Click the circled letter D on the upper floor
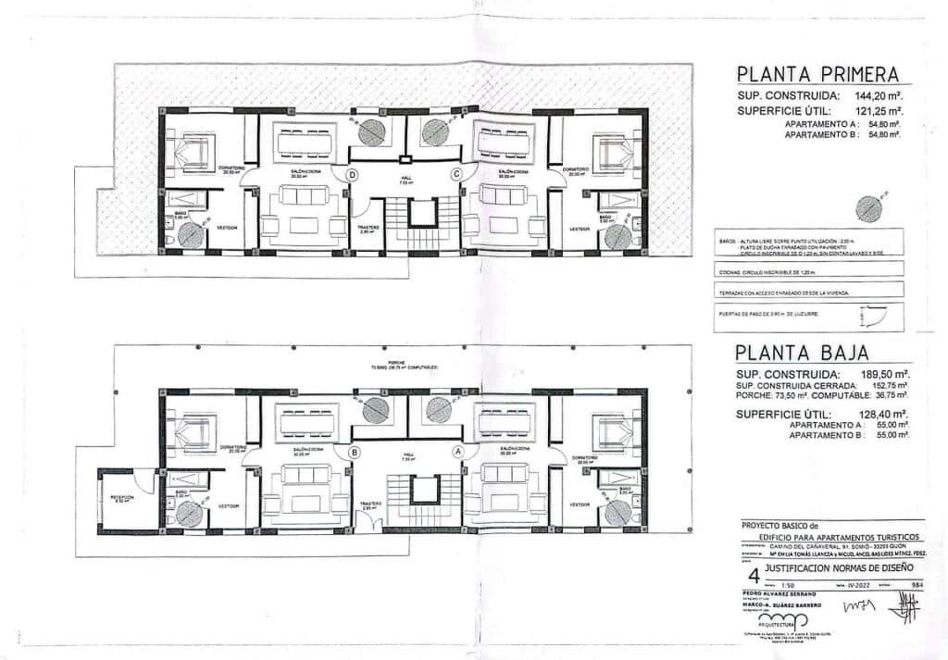(x=352, y=174)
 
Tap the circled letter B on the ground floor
(x=354, y=453)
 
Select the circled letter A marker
(x=456, y=453)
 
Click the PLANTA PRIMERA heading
(x=813, y=75)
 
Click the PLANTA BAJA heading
(x=801, y=353)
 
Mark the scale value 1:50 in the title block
(x=788, y=585)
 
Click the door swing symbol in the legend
(x=875, y=316)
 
